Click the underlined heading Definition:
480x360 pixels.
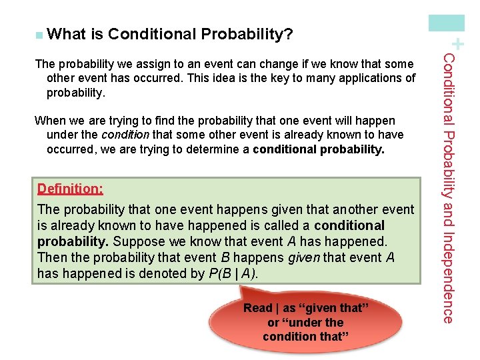[x=70, y=189]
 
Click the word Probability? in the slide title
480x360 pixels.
[x=251, y=34]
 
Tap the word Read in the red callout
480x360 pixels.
[x=257, y=308]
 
